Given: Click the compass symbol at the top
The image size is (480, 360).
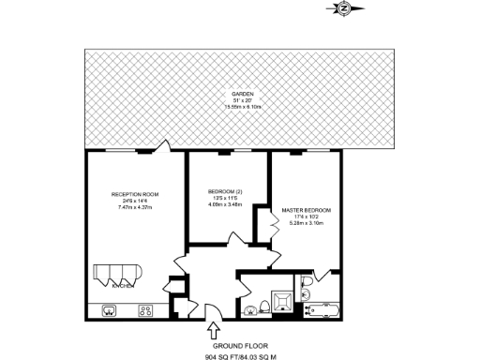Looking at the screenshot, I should (x=342, y=8).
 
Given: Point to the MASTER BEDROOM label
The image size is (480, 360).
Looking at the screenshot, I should (x=306, y=210).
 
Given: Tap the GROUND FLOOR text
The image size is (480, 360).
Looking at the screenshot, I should (x=232, y=345).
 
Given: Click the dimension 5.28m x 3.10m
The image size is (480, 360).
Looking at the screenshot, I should (x=306, y=223).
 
